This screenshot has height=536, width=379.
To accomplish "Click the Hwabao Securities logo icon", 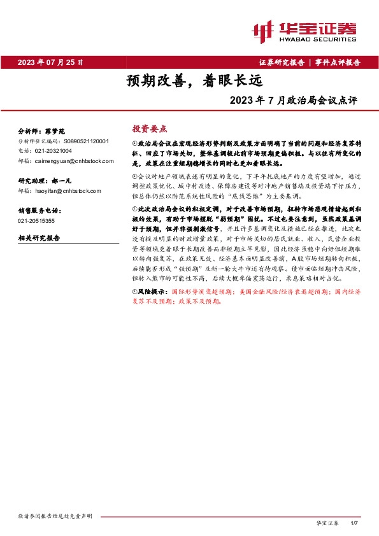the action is (x=263, y=30).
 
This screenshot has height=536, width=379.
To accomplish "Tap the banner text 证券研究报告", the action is (x=282, y=62).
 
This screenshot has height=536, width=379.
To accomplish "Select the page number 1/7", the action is (x=355, y=523).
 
